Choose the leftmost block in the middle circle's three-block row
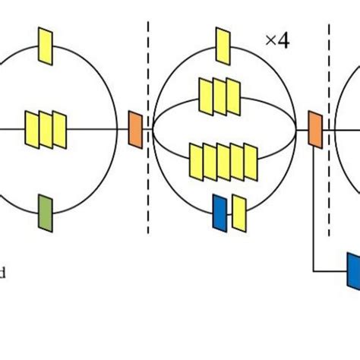coord(206,93)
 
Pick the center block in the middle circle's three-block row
coord(219,93)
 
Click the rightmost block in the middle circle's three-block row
coord(232,93)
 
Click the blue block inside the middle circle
coord(219,211)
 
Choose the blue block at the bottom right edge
coord(353,270)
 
